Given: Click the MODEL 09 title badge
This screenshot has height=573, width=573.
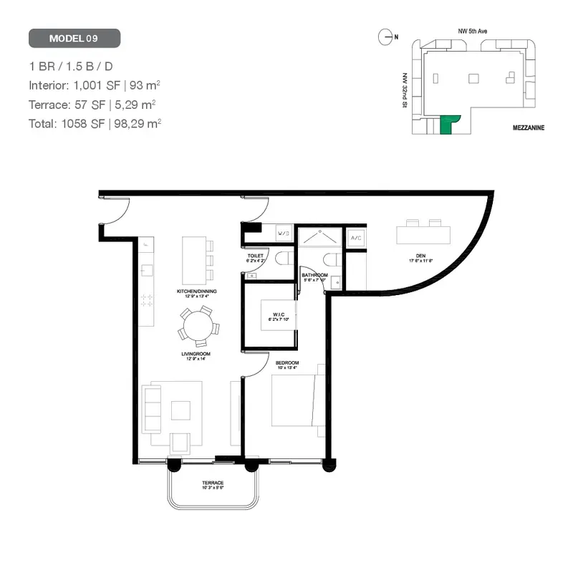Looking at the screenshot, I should (x=74, y=38).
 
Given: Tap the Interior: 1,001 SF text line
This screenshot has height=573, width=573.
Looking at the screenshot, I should (x=94, y=85).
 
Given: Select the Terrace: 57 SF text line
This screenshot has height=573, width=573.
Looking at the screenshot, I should (x=92, y=104).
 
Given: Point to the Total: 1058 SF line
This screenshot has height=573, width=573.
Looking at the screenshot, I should (x=95, y=122).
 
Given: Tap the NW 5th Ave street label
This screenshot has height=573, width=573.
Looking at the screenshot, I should (x=473, y=32).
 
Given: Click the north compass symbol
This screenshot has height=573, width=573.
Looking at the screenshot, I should (x=387, y=35).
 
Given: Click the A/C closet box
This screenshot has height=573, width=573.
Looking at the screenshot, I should (x=355, y=237).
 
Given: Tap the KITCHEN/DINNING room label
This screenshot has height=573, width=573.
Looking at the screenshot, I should (x=197, y=292).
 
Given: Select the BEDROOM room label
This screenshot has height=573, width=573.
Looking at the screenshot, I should (x=287, y=364).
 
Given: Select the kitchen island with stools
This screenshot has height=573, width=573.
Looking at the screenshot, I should (x=194, y=259).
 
